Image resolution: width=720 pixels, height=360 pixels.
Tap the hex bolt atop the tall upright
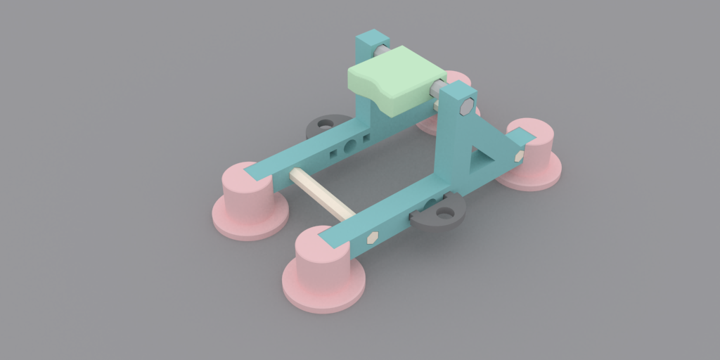coord(465,108)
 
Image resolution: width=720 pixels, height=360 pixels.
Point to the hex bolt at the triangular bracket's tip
coord(519,155)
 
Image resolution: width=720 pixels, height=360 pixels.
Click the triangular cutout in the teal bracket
coord(480,156)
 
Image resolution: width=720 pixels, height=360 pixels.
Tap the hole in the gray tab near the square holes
coord(324,124)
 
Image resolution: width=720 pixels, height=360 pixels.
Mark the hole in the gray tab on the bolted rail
coord(443,211)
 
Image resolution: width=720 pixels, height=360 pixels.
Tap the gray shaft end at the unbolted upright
coord(379,51)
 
